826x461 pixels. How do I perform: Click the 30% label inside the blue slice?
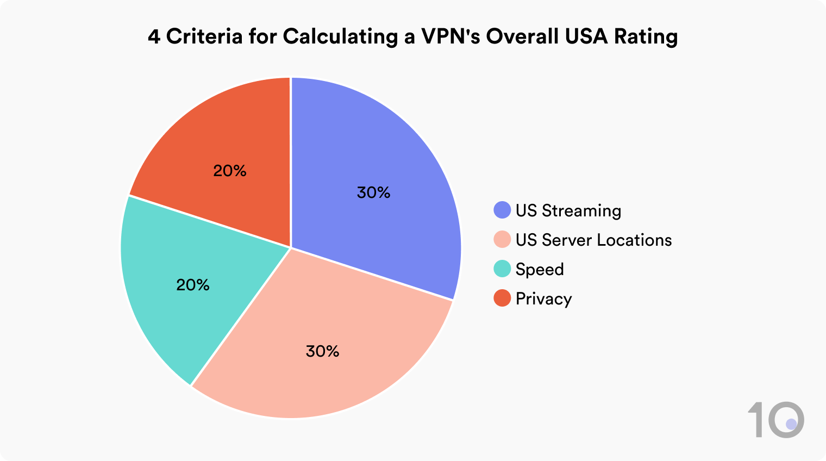point(373,192)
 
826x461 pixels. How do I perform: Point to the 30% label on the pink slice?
point(322,351)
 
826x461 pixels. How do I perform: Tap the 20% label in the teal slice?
point(193,285)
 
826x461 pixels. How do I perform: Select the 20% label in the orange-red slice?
point(230,171)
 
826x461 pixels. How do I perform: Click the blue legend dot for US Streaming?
point(502,210)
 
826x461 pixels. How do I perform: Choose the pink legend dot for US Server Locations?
point(502,240)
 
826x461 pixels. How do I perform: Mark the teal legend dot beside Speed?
point(502,269)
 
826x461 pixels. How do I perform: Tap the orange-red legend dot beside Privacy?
point(502,298)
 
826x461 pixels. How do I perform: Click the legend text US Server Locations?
point(593,240)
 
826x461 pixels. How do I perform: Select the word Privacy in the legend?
point(543,299)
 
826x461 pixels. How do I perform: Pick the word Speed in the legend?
point(540,270)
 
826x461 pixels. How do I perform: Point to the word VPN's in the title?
point(450,36)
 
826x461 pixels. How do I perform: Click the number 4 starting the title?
point(154,36)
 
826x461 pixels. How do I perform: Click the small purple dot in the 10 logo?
point(791,423)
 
